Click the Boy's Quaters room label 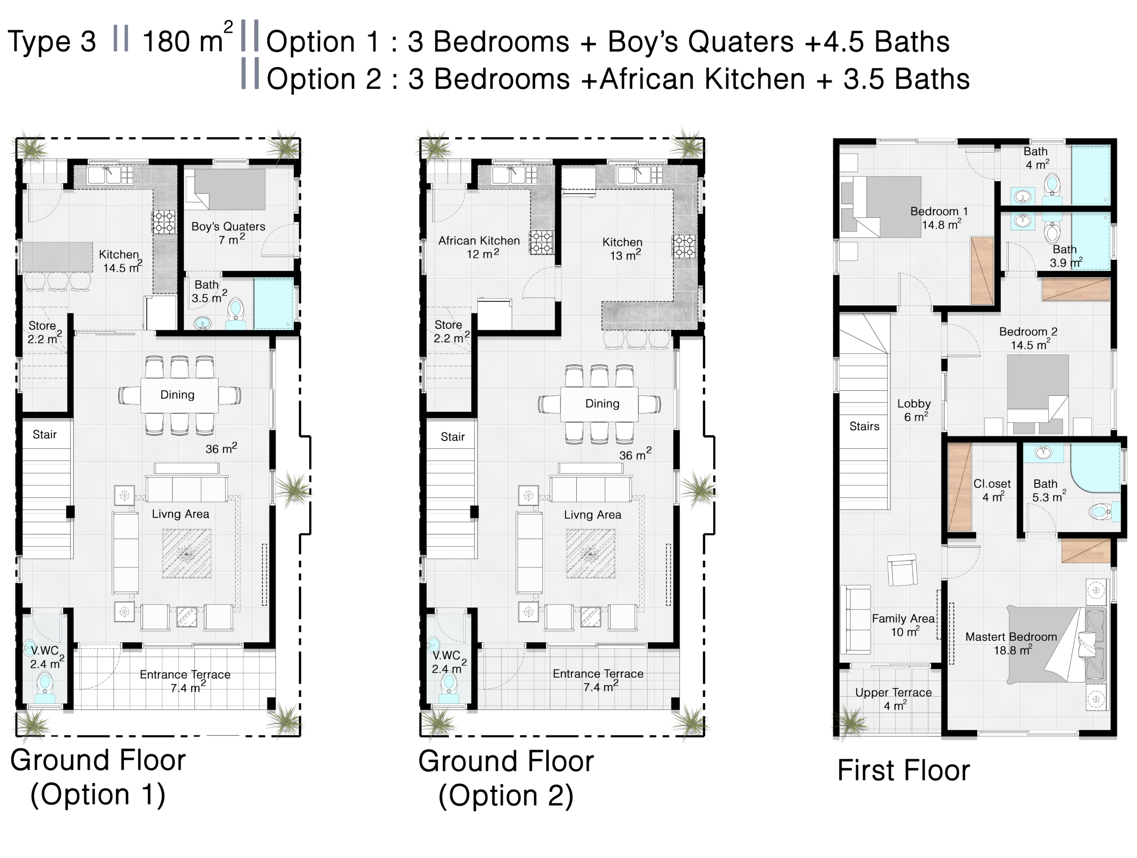click(228, 232)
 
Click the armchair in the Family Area click(902, 570)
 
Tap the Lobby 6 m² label click(914, 410)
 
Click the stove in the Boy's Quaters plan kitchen click(163, 222)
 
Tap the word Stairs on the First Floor click(864, 426)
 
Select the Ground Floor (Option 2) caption click(506, 778)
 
